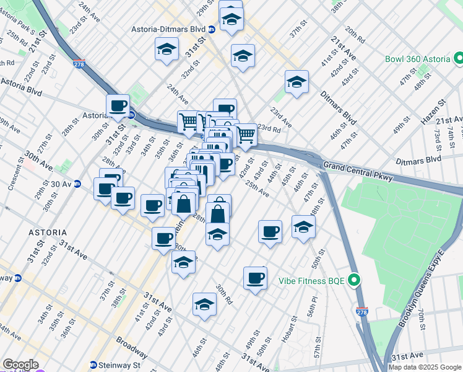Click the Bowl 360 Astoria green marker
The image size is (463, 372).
459,59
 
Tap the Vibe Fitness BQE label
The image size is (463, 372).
309,281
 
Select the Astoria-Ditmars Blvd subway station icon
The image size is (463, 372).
211,29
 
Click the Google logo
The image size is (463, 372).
20,365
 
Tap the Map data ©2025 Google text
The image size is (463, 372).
425,367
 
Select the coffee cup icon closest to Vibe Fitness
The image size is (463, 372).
255,278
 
